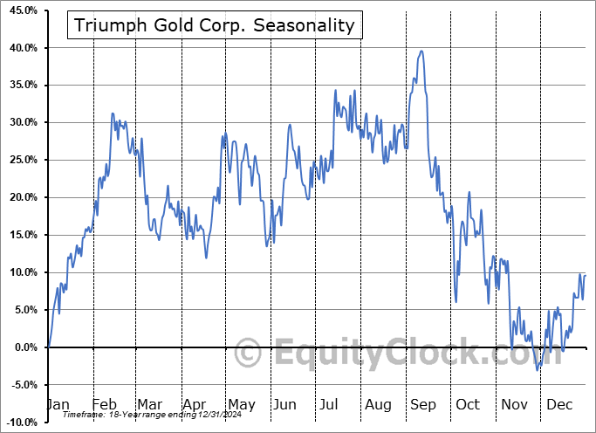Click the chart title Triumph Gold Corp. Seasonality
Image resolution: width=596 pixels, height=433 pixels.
(214, 25)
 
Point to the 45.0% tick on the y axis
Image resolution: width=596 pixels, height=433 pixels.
(22, 10)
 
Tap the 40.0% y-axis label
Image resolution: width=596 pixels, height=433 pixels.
(22, 48)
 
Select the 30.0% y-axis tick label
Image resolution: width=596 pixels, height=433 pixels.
(22, 122)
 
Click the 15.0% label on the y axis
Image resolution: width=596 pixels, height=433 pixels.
(22, 235)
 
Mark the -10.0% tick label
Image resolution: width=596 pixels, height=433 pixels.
(20, 423)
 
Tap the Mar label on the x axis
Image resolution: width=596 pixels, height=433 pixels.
(149, 404)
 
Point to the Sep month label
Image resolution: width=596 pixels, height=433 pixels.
(423, 404)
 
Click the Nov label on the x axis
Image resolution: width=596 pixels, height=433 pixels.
(516, 404)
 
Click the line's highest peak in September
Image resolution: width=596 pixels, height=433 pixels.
(421, 51)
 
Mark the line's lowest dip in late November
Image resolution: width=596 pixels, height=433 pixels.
(538, 370)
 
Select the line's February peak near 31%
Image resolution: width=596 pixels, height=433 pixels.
(112, 113)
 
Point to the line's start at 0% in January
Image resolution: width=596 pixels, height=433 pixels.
(49, 347)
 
